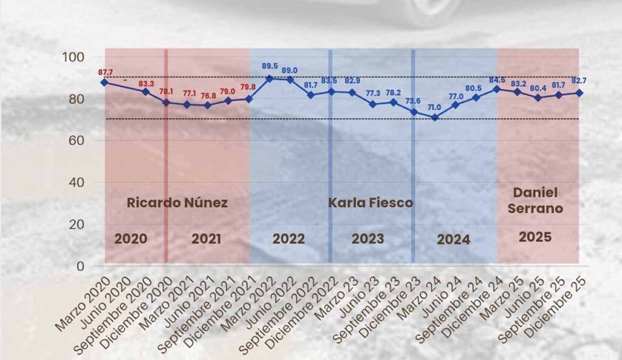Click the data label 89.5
pos(270,66)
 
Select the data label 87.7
pos(106,72)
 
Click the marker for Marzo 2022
pos(270,78)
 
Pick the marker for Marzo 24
pos(434,117)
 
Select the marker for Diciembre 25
pos(579,93)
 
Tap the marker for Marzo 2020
pos(104,82)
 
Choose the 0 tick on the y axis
pos(81,266)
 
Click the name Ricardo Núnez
pos(177,203)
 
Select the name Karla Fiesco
pos(371,203)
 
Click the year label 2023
pos(368,239)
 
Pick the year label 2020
pos(131,239)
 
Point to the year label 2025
pos(535,237)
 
